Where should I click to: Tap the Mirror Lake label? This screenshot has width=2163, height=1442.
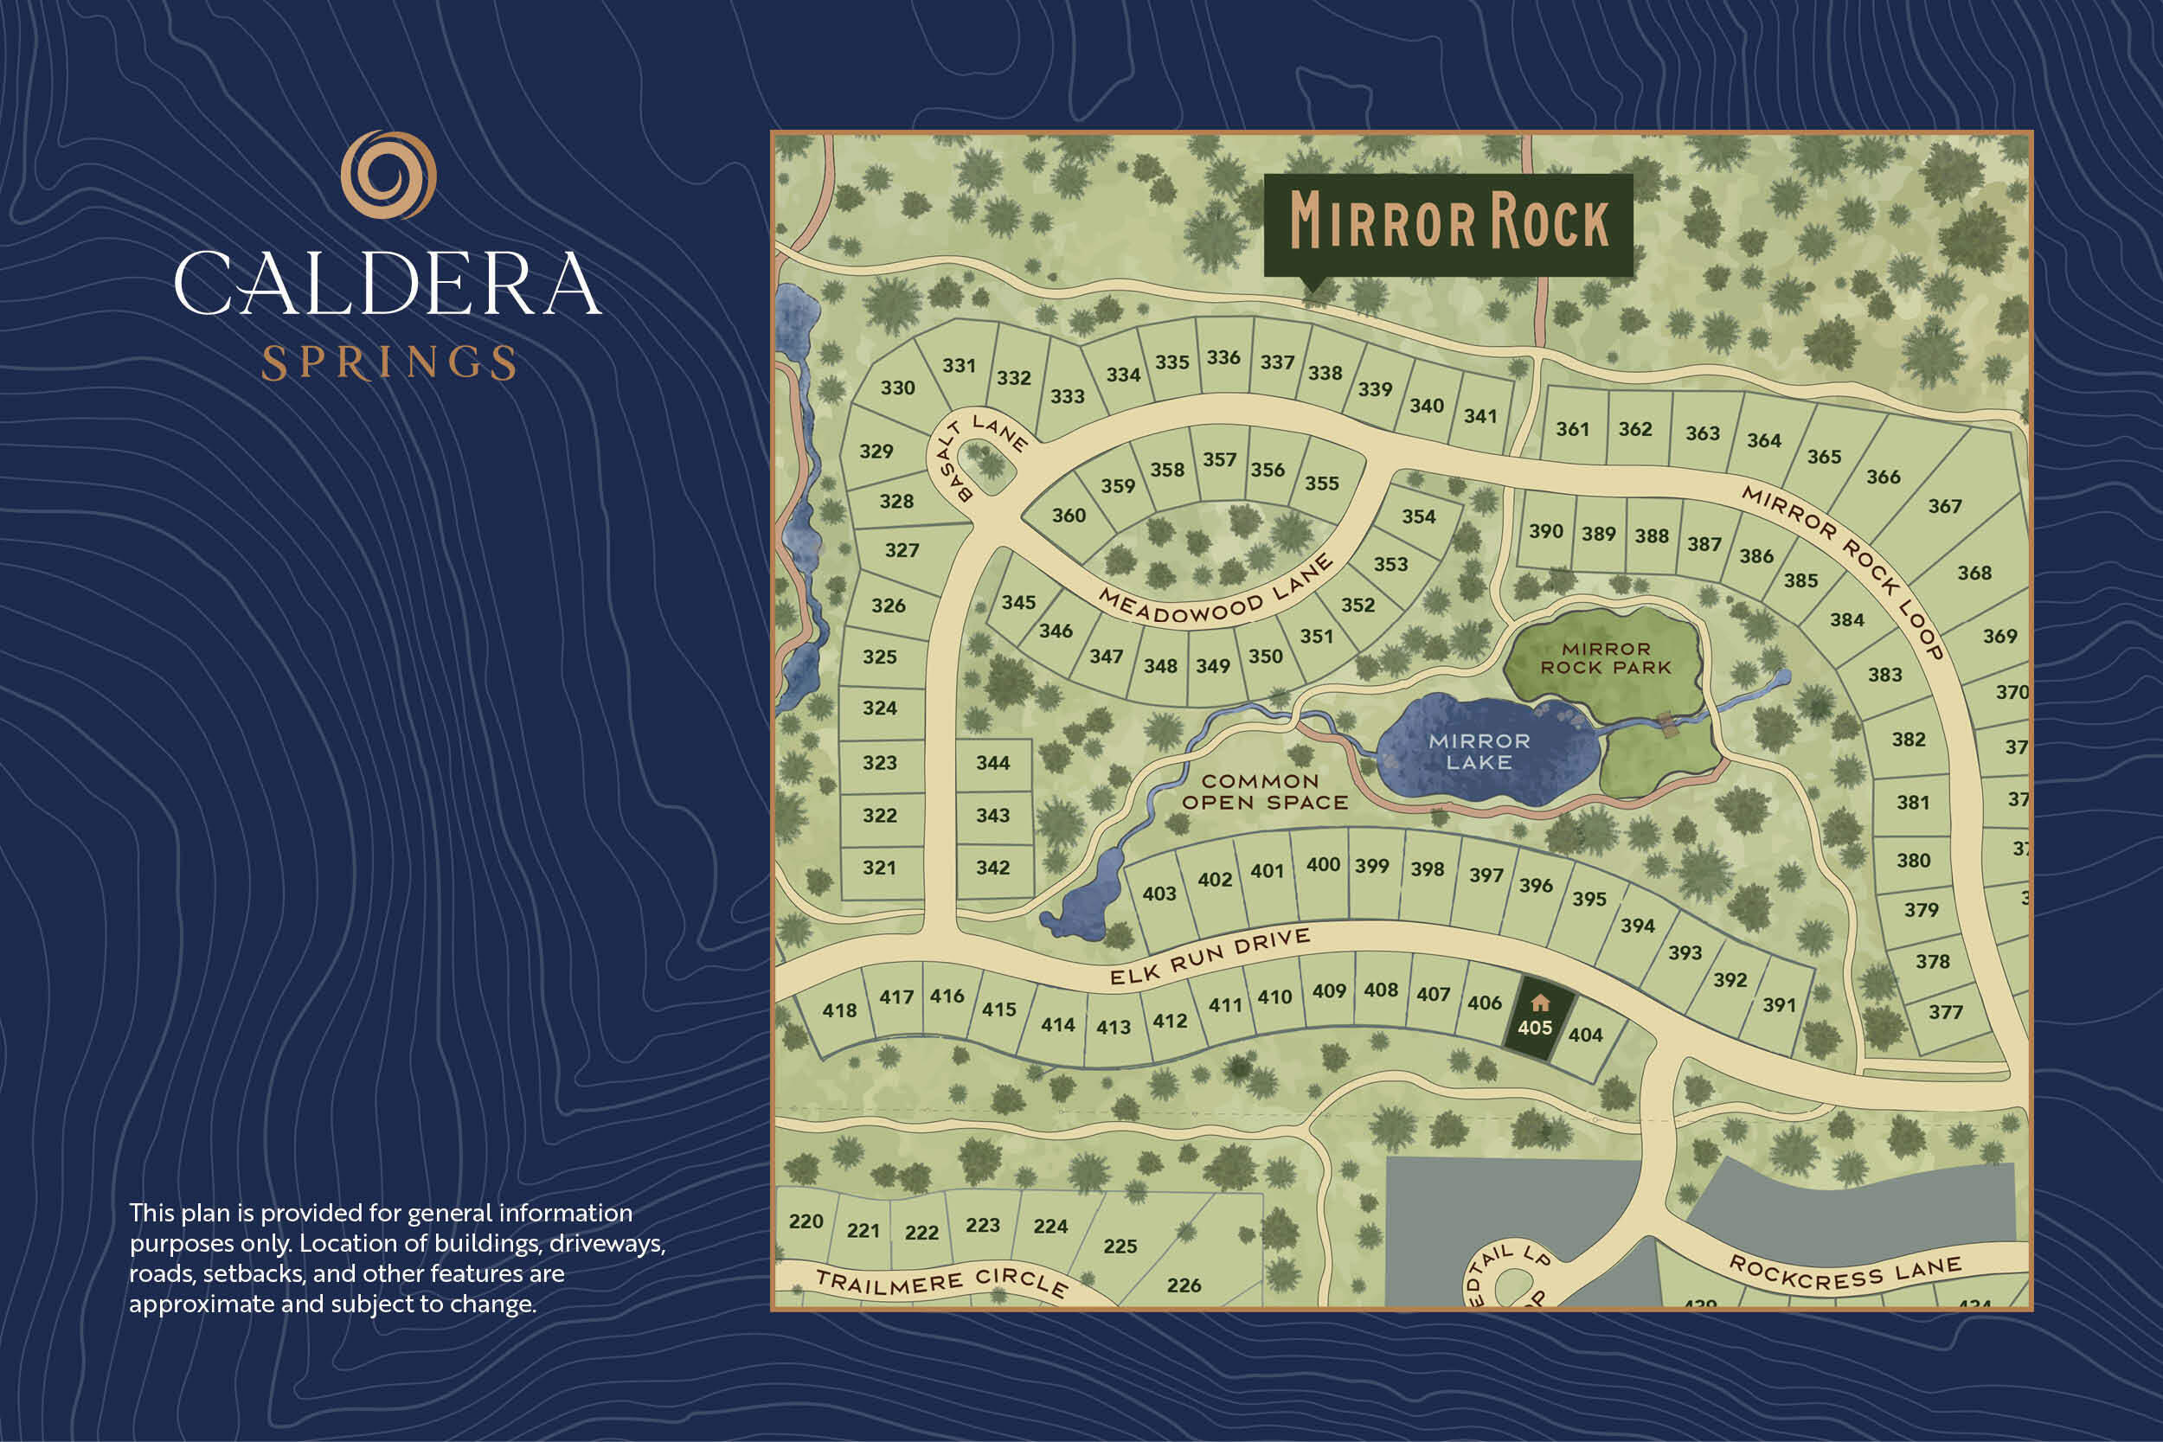pos(1479,752)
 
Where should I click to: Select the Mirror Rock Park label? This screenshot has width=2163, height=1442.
pos(1606,658)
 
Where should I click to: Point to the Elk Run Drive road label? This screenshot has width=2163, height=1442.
pos(1210,958)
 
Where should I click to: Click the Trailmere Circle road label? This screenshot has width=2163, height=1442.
pos(940,1282)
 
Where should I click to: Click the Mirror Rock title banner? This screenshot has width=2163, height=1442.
pos(1448,222)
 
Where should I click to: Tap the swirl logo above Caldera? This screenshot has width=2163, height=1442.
pos(388,175)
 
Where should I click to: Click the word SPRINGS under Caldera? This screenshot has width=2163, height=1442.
pos(388,363)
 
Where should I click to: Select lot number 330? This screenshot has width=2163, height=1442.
pos(897,388)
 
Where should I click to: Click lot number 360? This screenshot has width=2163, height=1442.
pos(1069,516)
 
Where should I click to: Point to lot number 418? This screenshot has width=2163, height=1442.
pos(838,1010)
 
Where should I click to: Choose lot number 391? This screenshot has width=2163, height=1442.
pos(1779,1005)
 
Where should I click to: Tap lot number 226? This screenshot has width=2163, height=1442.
pos(1184,1285)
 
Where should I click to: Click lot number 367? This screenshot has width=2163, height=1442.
pos(1944,507)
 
